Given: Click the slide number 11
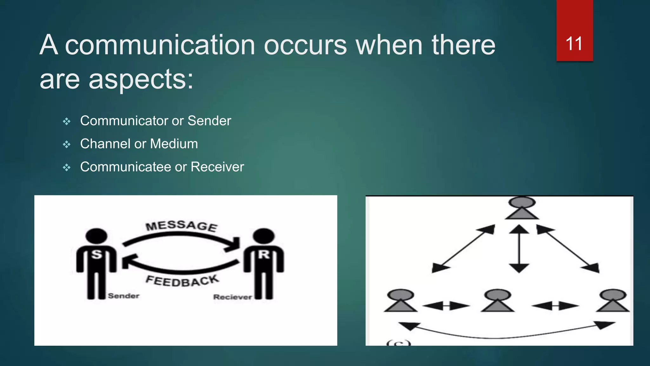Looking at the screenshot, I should click(574, 44).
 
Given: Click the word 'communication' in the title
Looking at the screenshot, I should click(160, 45).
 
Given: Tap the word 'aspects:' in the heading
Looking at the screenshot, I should click(141, 79).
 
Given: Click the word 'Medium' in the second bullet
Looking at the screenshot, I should click(174, 144).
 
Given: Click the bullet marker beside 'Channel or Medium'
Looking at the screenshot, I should click(67, 145).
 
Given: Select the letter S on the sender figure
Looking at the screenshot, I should click(96, 254).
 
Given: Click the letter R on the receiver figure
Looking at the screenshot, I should click(263, 254).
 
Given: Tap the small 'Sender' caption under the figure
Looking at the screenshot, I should click(123, 296).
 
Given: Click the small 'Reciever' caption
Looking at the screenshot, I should click(232, 297).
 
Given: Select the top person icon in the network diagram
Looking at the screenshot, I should click(522, 208).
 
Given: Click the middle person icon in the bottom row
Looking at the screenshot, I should click(497, 301).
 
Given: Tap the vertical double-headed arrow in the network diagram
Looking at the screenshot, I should click(519, 248).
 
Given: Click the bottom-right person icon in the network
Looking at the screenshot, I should click(613, 301).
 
